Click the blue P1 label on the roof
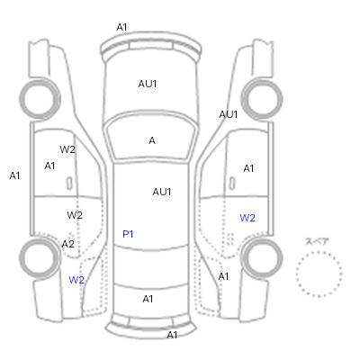(x=128, y=234)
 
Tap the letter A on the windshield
(x=152, y=140)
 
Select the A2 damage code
(x=67, y=244)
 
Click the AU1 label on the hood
(x=148, y=84)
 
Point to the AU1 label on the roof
(x=162, y=192)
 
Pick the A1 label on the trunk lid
(x=148, y=299)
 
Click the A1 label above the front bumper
(x=121, y=27)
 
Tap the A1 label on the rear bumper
(x=172, y=335)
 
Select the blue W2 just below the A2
(x=76, y=280)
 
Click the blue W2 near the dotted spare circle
(x=247, y=218)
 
